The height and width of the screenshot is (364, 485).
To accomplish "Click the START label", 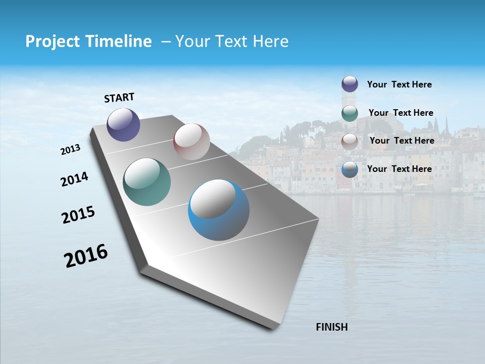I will (x=119, y=98).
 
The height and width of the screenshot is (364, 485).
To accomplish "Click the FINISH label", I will (x=331, y=327).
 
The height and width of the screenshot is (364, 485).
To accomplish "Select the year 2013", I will (x=70, y=150).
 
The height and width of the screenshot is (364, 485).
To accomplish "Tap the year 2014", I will (x=74, y=179).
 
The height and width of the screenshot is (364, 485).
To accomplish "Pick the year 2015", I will (x=78, y=215).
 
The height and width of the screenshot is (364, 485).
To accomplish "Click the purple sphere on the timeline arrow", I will (x=123, y=124).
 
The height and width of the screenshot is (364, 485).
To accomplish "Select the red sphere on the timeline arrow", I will (x=191, y=141).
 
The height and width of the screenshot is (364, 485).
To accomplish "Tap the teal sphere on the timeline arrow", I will (x=147, y=182).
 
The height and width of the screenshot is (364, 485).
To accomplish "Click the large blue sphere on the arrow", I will (x=219, y=210).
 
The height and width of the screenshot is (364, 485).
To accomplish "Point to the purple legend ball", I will (x=350, y=84).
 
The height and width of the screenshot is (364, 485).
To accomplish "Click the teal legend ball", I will (x=350, y=113).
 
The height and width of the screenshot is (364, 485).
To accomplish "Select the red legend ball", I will (x=350, y=141).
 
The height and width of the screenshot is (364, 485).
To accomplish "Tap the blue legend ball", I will (x=350, y=169).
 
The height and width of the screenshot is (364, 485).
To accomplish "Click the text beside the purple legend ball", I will (x=399, y=84).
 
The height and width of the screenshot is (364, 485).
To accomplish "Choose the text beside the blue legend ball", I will (x=399, y=169).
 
